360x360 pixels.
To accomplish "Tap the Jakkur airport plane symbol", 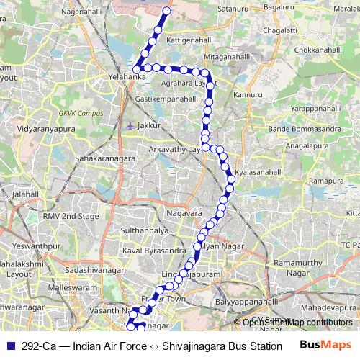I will [130, 125].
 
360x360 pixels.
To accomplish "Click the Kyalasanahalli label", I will [258, 174].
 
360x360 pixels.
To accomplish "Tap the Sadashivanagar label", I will [92, 269].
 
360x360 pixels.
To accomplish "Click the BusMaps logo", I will [325, 345].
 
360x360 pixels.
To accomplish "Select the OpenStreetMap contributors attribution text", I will [297, 323].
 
